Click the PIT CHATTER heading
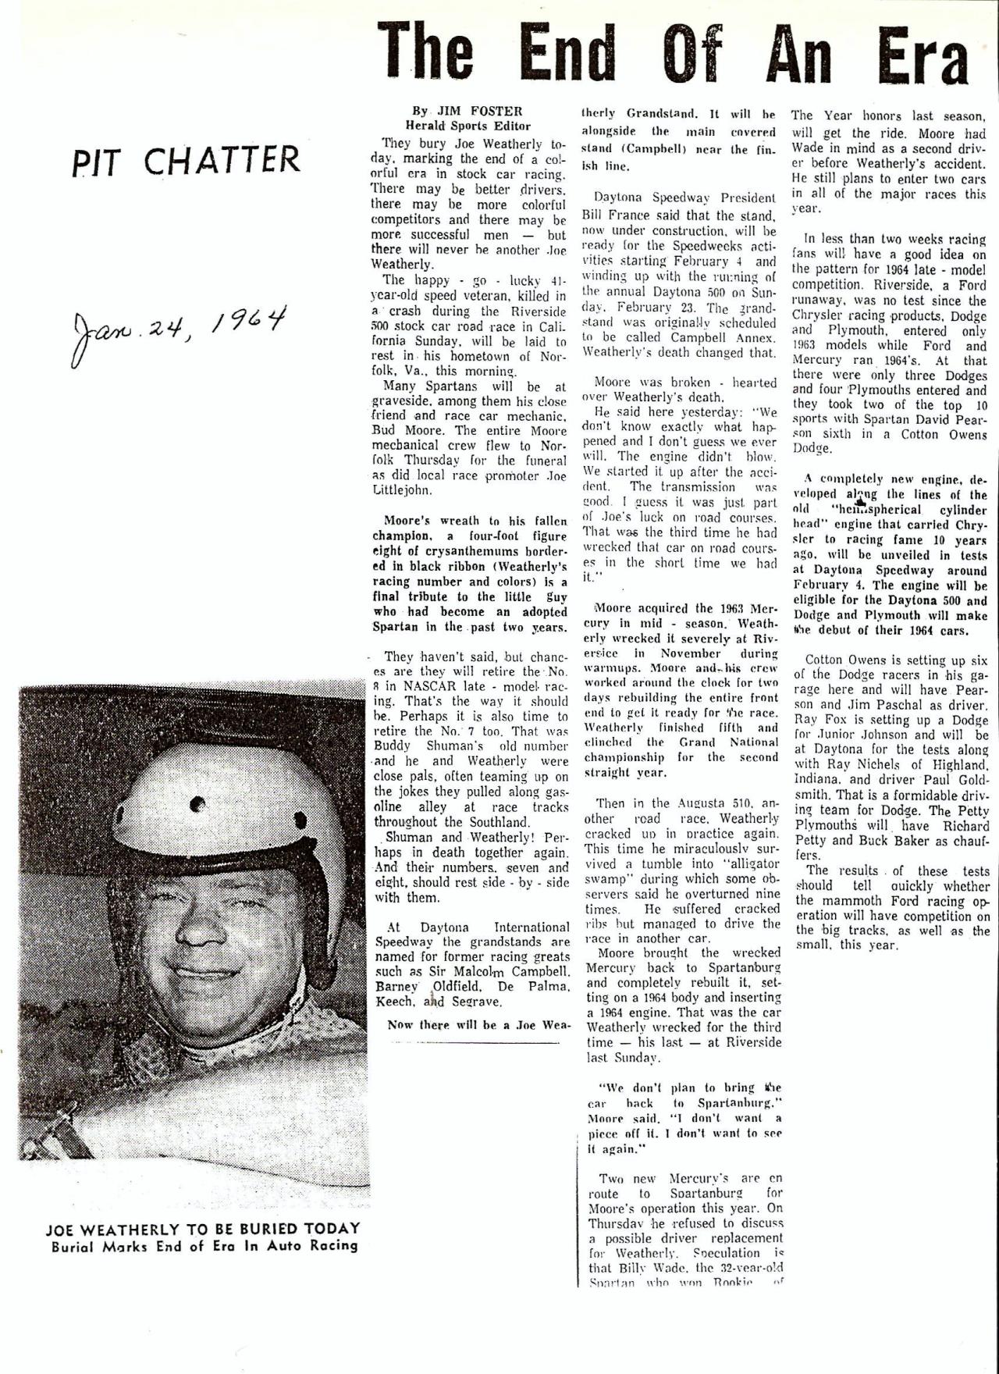click(x=186, y=161)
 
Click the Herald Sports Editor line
click(x=468, y=126)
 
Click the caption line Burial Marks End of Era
click(x=204, y=1246)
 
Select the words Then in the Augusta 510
click(x=671, y=803)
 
